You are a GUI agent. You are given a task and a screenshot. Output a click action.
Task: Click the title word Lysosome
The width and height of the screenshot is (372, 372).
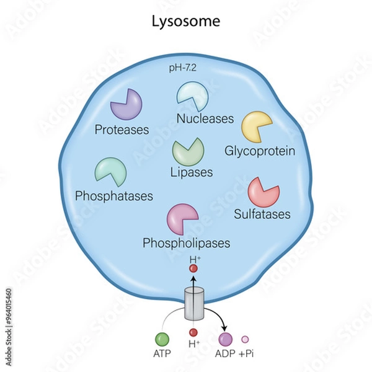point(185,21)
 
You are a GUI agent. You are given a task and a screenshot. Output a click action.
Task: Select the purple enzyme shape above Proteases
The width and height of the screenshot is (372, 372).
point(126,104)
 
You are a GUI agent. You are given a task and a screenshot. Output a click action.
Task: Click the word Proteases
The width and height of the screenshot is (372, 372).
point(122,130)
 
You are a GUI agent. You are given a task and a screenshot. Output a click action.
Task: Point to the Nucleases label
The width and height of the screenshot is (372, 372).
point(205,118)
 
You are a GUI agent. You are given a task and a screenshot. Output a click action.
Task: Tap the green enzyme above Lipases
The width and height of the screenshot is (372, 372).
point(188,151)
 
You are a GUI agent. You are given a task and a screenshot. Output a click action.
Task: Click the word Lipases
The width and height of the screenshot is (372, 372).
point(192,172)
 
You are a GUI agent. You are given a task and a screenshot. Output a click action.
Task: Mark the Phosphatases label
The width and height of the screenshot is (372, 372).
point(113,197)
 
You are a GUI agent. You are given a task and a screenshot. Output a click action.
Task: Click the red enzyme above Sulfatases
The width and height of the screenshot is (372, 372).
point(263,192)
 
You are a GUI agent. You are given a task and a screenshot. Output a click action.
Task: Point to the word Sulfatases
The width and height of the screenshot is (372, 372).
point(262,215)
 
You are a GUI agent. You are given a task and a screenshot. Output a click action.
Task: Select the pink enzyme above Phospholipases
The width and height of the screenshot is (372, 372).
point(182,219)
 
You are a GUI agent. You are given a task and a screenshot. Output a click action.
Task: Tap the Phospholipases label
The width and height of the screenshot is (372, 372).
point(187,242)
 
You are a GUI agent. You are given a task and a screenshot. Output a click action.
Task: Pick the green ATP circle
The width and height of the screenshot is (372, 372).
point(162,339)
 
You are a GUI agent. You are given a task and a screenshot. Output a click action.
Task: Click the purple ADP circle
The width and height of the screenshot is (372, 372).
point(225,339)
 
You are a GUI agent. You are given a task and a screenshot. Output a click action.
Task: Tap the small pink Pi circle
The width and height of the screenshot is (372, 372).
point(245,339)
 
